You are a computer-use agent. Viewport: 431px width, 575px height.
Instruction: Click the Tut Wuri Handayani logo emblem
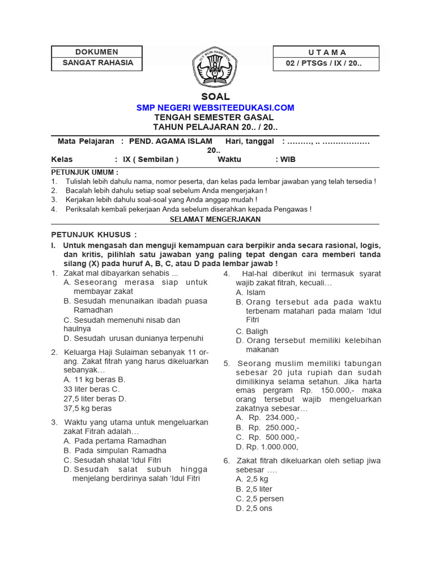point(215,66)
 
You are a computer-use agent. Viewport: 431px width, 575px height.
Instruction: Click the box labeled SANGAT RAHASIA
point(98,63)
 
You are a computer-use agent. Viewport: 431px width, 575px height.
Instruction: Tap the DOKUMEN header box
point(98,52)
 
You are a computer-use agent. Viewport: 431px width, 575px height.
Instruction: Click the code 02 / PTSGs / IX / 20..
point(324,64)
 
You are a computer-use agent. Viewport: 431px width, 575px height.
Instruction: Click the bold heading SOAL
point(215,97)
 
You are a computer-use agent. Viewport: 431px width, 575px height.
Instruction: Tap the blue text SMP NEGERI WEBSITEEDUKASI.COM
point(215,107)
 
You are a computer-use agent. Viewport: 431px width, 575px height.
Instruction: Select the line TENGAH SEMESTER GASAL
point(214,117)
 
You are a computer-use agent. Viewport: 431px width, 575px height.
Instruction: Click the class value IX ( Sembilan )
point(150,159)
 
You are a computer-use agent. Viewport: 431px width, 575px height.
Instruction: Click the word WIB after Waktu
point(288,159)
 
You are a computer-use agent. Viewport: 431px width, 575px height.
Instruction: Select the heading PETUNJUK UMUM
point(85,172)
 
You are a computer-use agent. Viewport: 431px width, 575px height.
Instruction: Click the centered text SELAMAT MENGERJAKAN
point(215,219)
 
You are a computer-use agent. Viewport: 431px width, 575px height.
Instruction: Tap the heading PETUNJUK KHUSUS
point(94,234)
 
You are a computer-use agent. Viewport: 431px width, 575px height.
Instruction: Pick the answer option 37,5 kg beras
point(88,408)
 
